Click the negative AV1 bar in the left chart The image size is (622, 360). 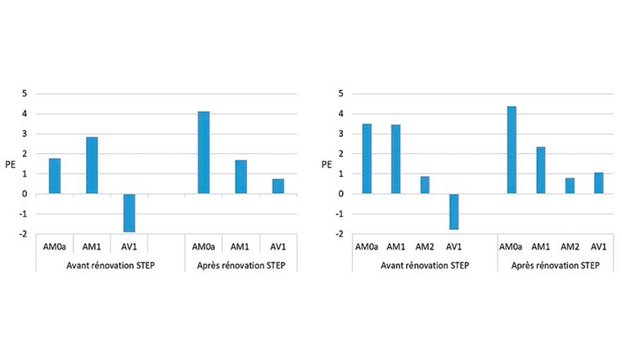click(129, 213)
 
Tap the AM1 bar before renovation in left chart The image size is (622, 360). click(92, 165)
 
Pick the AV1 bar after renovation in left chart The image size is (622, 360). click(278, 187)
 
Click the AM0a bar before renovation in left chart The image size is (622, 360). click(55, 176)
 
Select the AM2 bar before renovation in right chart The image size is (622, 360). click(425, 185)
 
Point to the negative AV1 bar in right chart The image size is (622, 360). click(453, 211)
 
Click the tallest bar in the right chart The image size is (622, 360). click(512, 150)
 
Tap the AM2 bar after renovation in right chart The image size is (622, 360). click(570, 186)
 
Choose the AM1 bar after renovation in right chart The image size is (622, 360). click(541, 170)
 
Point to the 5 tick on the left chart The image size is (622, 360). click(25, 93)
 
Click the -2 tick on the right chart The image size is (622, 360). click(336, 234)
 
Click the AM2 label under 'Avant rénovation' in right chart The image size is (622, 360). click(425, 247)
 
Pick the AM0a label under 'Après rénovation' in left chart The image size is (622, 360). click(204, 246)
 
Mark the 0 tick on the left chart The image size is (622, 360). click(25, 194)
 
